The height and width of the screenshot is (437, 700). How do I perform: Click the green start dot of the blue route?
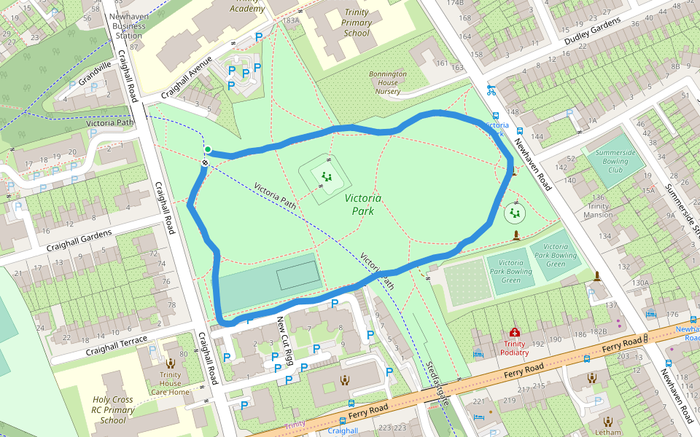pos(208,150)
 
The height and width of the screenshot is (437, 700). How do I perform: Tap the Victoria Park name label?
pos(362,204)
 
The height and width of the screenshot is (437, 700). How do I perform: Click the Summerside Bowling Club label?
pos(616,160)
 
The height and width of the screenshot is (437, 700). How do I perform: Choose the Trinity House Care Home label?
pos(171,383)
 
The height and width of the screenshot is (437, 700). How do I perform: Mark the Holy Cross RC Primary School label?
pos(113,409)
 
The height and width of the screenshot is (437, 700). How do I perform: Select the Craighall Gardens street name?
pos(80,241)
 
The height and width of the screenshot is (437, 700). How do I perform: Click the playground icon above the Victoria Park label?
pos(327,176)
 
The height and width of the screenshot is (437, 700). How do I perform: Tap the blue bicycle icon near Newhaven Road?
pos(491,91)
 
